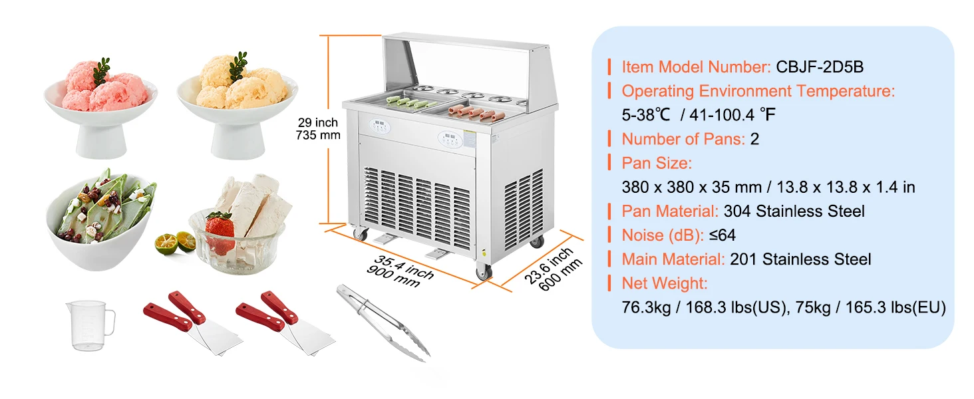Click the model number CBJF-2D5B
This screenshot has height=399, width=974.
click(820, 67)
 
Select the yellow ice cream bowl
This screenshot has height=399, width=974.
click(238, 107)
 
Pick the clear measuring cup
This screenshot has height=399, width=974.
click(90, 325)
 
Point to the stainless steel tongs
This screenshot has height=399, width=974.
click(383, 323)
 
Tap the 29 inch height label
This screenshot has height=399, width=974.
click(318, 122)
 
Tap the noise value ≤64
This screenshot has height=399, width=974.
click(723, 235)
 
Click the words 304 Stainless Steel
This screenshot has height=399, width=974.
click(794, 211)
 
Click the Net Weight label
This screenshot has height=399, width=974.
click(665, 283)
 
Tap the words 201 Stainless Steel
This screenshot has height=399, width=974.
click(800, 259)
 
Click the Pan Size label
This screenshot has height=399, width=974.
click(657, 164)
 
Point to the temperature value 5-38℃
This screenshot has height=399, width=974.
click(646, 115)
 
